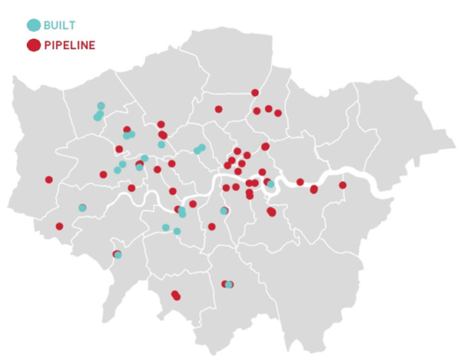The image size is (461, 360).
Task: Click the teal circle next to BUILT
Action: pyautogui.click(x=34, y=25)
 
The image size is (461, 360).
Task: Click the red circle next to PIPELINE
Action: pyautogui.click(x=34, y=45)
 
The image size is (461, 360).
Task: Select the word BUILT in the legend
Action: pyautogui.click(x=59, y=25)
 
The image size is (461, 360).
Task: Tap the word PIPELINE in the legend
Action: pyautogui.click(x=70, y=45)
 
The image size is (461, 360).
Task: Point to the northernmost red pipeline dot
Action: pyautogui.click(x=255, y=93)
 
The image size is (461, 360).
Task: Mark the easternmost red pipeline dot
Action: pyautogui.click(x=343, y=185)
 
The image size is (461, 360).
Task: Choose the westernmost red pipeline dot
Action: pyautogui.click(x=49, y=180)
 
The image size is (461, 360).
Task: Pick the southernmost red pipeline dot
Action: pyautogui.click(x=177, y=296)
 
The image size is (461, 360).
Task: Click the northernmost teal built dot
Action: pyautogui.click(x=101, y=106)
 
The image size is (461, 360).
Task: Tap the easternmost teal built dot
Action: pyautogui.click(x=270, y=184)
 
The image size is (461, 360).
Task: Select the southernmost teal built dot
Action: pyautogui.click(x=229, y=285)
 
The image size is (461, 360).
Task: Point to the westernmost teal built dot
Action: pyautogui.click(x=82, y=208)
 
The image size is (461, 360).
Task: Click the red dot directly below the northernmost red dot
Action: pyautogui.click(x=257, y=111)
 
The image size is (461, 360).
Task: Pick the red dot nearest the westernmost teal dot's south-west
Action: pyautogui.click(x=59, y=226)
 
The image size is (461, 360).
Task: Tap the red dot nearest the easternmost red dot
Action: pyautogui.click(x=314, y=189)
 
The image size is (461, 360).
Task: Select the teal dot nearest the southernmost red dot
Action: pyautogui.click(x=229, y=285)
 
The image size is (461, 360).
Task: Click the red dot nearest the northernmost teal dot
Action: pyautogui.click(x=127, y=130)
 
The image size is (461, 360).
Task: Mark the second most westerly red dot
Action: pyautogui.click(x=59, y=226)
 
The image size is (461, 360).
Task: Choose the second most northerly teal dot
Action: pyautogui.click(x=100, y=114)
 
